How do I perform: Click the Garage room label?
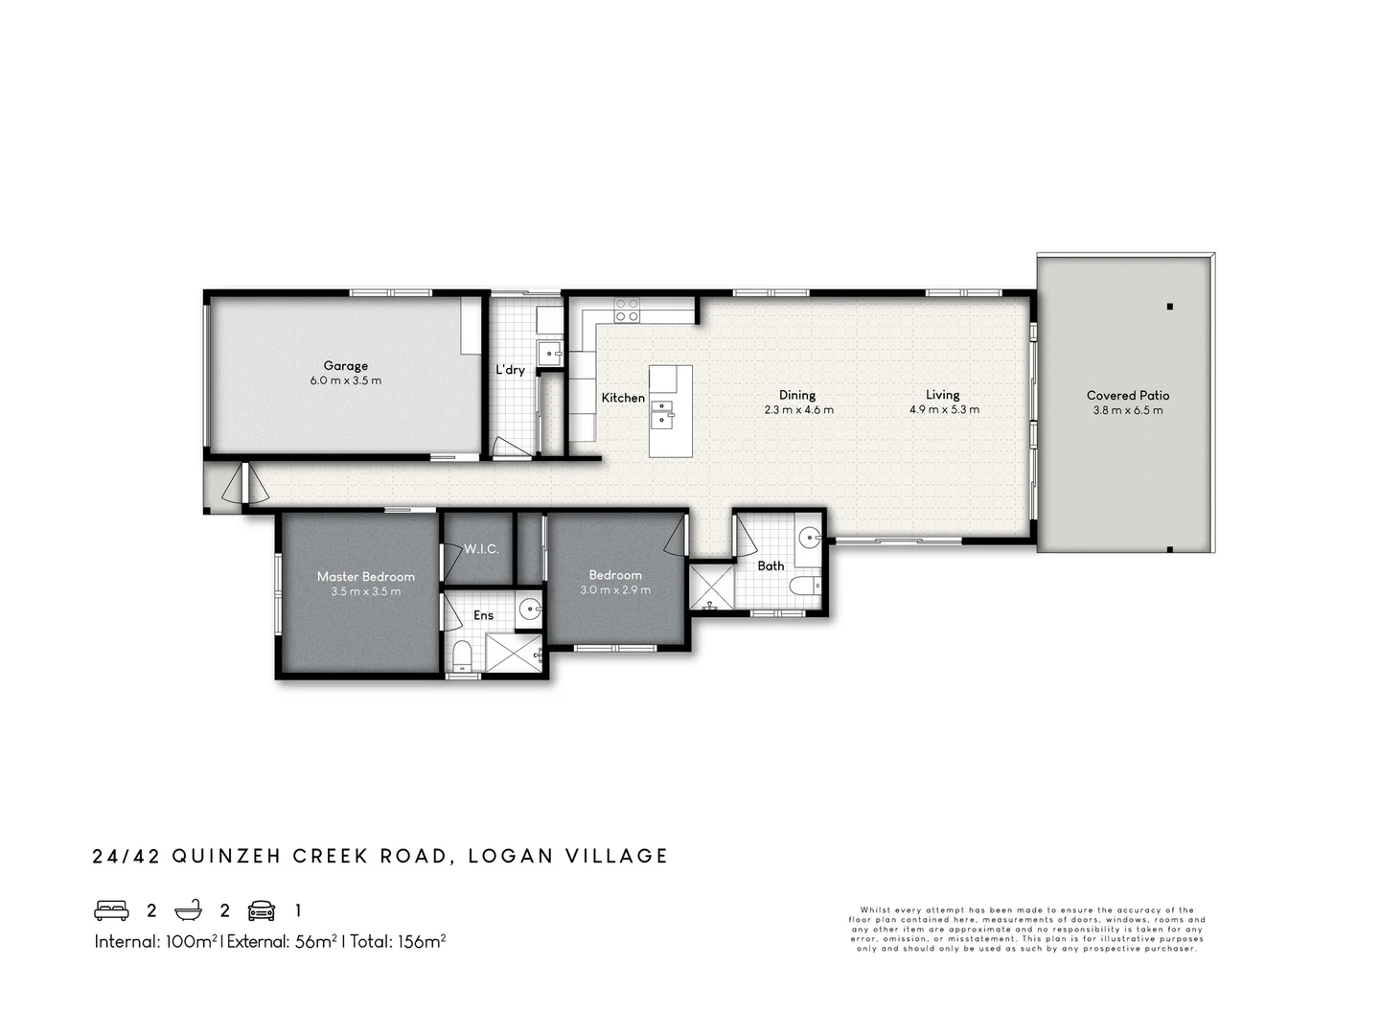click(345, 365)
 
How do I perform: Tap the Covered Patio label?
click(1127, 395)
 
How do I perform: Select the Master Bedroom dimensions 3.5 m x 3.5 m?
click(365, 592)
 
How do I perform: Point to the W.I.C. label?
click(481, 549)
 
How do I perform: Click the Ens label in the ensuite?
click(483, 615)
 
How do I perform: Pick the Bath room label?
click(770, 566)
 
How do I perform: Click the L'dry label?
click(510, 370)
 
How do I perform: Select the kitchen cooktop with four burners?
click(627, 310)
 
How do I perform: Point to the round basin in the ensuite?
click(529, 608)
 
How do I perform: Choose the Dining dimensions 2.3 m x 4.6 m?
click(798, 410)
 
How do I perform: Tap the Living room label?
click(942, 395)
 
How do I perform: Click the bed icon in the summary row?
click(111, 910)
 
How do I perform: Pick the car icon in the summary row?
click(262, 910)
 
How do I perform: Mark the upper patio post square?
click(1170, 307)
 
